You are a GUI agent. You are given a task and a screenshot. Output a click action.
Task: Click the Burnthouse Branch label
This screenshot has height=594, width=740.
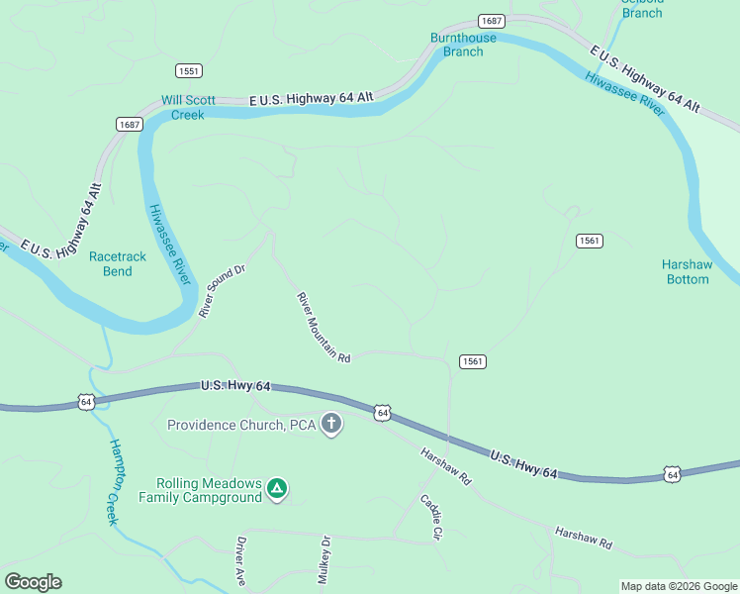(463, 45)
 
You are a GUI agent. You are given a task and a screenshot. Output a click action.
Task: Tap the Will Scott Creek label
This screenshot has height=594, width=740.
(187, 107)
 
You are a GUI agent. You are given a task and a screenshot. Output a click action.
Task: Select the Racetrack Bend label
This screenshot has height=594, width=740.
(117, 263)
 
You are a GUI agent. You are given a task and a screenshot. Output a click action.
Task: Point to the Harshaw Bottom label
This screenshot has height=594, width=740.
(686, 271)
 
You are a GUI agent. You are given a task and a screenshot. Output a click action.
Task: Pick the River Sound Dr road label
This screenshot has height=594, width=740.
(220, 291)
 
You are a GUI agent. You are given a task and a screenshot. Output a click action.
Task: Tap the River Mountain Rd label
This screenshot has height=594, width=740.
(324, 327)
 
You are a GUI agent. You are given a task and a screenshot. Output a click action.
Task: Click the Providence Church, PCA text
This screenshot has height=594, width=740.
(240, 426)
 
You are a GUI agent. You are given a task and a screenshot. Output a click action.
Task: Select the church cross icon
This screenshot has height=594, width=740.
(331, 425)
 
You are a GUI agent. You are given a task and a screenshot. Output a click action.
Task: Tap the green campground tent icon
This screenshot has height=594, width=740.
(279, 488)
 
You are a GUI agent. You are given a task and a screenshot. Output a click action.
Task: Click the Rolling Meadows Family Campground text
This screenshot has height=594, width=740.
(201, 490)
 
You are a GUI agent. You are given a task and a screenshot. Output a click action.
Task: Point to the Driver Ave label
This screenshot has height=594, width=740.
(240, 560)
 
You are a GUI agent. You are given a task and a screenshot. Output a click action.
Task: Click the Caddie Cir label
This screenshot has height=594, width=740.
(429, 517)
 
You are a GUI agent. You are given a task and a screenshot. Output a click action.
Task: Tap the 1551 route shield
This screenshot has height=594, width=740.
(189, 71)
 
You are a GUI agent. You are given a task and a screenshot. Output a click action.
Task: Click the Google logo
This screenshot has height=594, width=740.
(33, 582)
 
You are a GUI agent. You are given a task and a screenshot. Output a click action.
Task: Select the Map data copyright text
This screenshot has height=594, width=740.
(679, 586)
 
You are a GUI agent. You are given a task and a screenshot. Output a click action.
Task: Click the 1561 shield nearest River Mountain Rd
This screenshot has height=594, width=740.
(472, 361)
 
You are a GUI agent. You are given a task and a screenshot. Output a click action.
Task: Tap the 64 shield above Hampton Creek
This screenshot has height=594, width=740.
(86, 401)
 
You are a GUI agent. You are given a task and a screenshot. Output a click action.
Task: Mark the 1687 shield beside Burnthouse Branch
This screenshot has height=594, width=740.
(491, 21)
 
